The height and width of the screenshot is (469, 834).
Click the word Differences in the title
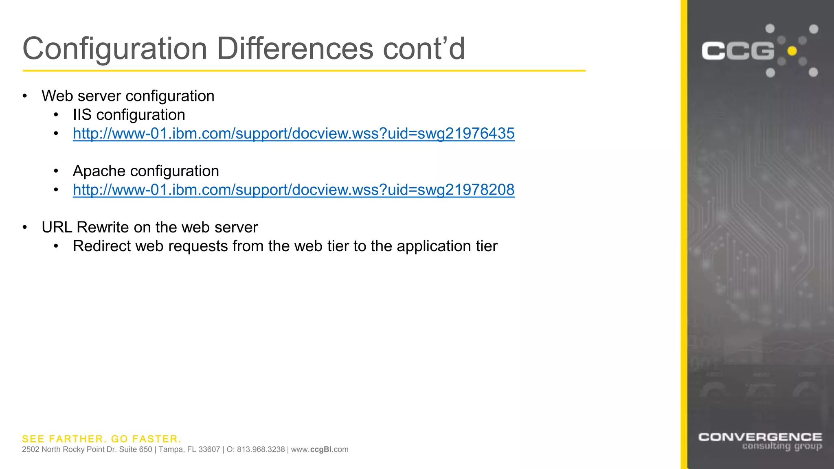295,49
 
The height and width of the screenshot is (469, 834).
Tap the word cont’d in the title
424,49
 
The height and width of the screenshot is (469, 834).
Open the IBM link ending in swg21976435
294,134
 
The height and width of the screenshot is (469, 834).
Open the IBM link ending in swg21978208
294,190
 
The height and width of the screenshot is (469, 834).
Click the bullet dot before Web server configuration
25,96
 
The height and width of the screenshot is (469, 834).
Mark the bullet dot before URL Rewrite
25,227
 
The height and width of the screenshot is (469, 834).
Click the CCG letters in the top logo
737,51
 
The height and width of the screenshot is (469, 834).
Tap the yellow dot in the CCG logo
792,51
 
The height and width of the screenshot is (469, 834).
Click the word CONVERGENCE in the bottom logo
760,437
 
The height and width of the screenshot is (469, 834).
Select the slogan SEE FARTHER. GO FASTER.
101,439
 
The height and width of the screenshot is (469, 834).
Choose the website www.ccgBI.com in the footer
320,449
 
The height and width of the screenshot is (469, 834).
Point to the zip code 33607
208,449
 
